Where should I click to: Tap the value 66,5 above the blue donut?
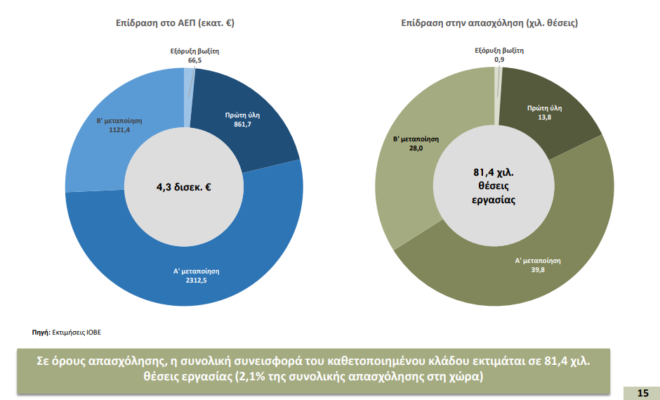pos(194,60)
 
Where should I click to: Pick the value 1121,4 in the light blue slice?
pos(111,130)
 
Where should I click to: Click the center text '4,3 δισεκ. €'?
pos(184,187)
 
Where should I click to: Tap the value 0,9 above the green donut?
pos(499,60)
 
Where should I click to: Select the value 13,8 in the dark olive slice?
pos(545,117)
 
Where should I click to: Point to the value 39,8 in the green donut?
pos(539,269)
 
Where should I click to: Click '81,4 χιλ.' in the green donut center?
pos(494,172)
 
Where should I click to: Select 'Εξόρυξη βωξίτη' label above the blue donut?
pos(195,51)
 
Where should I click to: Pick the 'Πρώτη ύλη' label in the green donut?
pos(545,108)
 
